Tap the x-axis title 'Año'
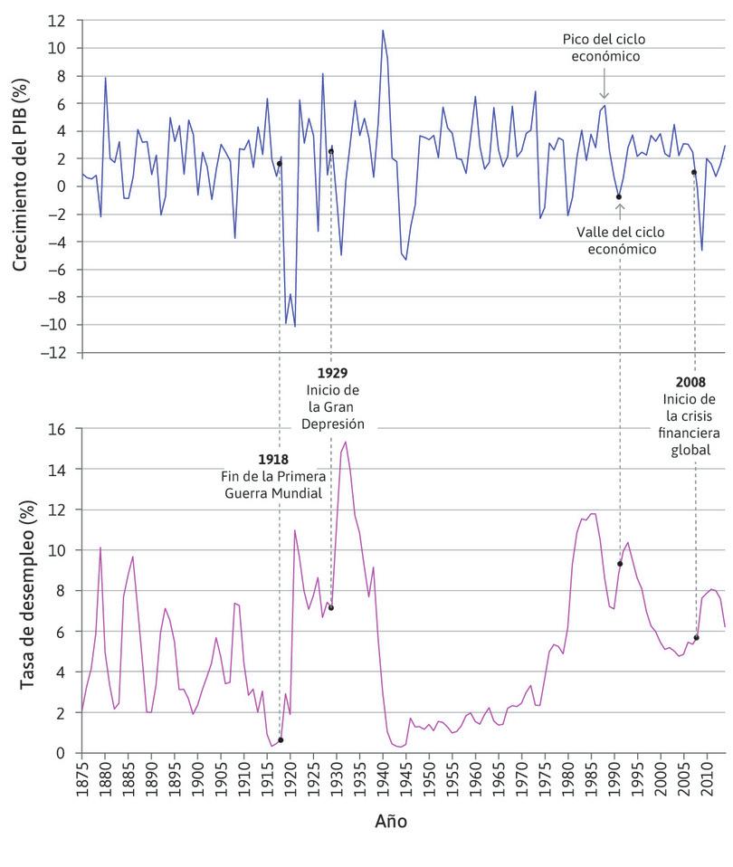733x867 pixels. click(x=390, y=822)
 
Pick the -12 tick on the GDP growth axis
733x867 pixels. click(x=59, y=352)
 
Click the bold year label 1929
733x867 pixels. click(x=332, y=373)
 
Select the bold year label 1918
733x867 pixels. click(x=273, y=460)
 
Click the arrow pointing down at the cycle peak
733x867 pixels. click(x=604, y=90)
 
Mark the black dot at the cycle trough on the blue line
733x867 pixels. click(x=619, y=196)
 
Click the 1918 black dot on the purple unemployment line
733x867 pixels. click(x=281, y=740)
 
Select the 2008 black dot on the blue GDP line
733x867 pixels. click(x=694, y=172)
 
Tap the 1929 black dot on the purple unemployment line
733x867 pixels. click(x=331, y=607)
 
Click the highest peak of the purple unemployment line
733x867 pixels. click(x=346, y=442)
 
